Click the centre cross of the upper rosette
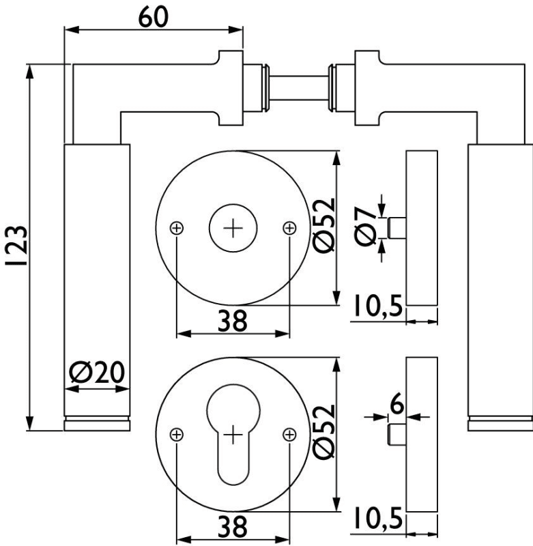tap(233, 228)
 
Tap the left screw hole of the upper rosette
tap(177, 228)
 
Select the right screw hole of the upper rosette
tap(289, 228)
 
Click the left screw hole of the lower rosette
tap(177, 433)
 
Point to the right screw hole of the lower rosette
tap(289, 433)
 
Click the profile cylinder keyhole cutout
tap(233, 437)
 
